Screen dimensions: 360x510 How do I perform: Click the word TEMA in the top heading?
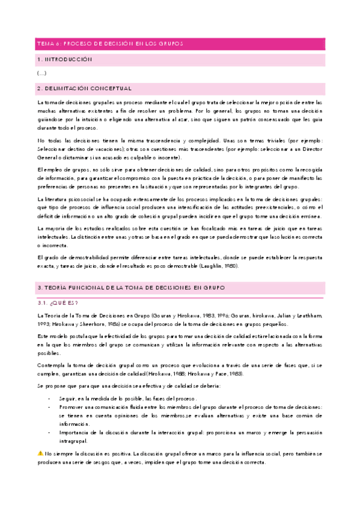44,44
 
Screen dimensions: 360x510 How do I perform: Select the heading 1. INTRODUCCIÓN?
64,60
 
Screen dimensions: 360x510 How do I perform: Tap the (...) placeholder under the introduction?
41,73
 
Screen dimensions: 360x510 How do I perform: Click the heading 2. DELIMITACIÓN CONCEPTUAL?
85,88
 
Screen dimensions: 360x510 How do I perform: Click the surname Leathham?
307,315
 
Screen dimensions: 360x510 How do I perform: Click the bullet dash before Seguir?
49,399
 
